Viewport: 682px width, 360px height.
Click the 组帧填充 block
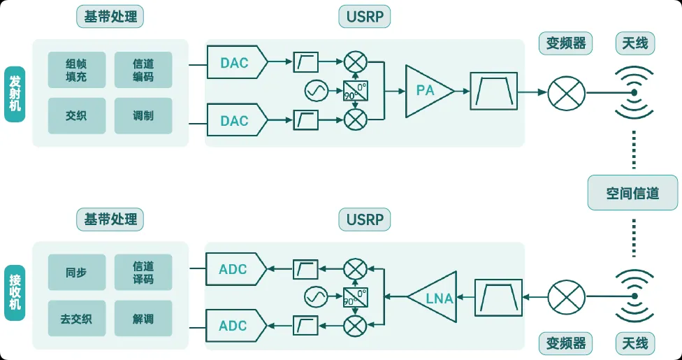click(x=76, y=70)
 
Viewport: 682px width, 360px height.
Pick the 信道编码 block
click(x=143, y=70)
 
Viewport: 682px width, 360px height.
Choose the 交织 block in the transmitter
click(x=76, y=116)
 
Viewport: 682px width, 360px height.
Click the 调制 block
click(x=143, y=116)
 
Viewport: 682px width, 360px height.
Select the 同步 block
click(x=76, y=273)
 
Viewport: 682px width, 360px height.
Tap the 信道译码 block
click(x=143, y=273)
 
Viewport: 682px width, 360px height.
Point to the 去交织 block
click(x=76, y=319)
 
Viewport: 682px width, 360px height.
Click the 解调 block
click(x=143, y=319)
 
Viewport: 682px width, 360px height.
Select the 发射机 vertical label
click(x=15, y=93)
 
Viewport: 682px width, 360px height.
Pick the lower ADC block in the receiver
click(x=235, y=326)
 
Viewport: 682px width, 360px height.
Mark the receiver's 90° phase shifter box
click(x=356, y=298)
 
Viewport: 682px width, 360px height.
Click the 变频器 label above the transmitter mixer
click(x=565, y=44)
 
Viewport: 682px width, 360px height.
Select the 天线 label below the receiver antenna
click(x=635, y=343)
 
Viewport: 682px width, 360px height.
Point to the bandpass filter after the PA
click(x=494, y=91)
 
